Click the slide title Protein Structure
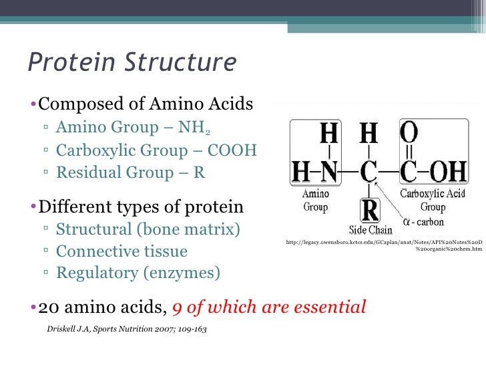click(x=132, y=63)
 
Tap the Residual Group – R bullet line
click(x=131, y=172)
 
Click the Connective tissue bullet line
click(x=121, y=251)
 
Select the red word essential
click(x=329, y=308)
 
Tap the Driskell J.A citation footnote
click(x=127, y=330)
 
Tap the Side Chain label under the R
click(x=369, y=229)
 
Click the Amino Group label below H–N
click(x=316, y=200)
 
